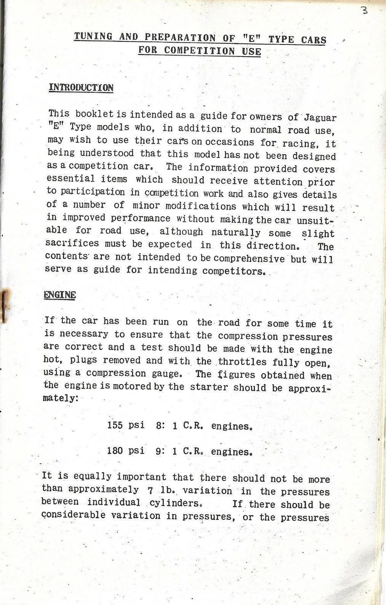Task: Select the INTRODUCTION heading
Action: [81, 88]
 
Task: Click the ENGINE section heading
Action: [60, 295]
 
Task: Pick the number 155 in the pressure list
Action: [115, 425]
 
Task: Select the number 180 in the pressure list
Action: [115, 451]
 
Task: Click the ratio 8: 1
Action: [167, 426]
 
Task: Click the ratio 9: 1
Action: [167, 452]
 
